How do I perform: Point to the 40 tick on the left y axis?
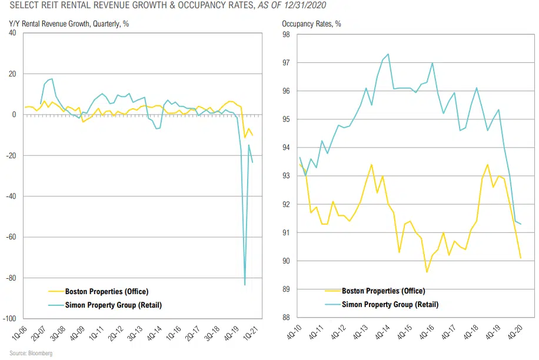(x=13, y=33)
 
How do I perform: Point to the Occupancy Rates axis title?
(x=311, y=24)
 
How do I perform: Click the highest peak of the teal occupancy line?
(x=388, y=54)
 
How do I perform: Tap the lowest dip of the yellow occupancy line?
(x=427, y=272)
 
